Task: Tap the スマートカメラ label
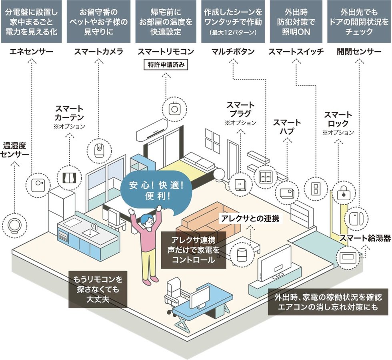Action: tap(98, 52)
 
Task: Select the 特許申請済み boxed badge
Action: tap(165, 65)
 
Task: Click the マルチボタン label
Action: tap(232, 52)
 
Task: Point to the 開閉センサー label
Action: tap(359, 52)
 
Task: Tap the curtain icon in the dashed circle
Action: tap(70, 177)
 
